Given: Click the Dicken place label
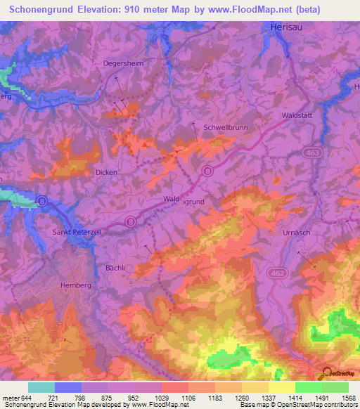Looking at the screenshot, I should point(106,171).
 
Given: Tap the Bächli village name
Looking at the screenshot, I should point(114,268).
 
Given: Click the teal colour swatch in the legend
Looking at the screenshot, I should point(41,387).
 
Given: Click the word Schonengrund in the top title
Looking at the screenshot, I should point(41,9).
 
